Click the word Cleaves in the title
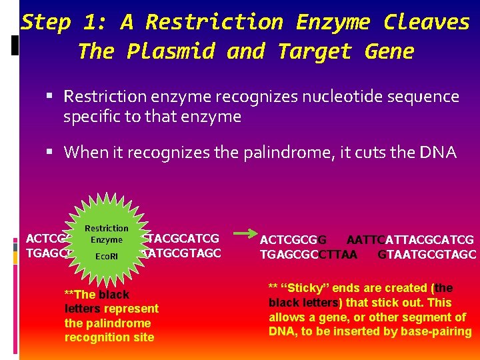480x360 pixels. coord(427,22)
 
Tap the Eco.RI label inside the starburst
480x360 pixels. coord(107,256)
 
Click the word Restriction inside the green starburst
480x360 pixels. coord(107,229)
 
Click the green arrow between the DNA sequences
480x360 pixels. coord(241,234)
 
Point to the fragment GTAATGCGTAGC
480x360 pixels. coord(427,254)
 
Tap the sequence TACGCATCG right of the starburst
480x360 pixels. coord(182,238)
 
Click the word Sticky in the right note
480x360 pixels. coord(301,288)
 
